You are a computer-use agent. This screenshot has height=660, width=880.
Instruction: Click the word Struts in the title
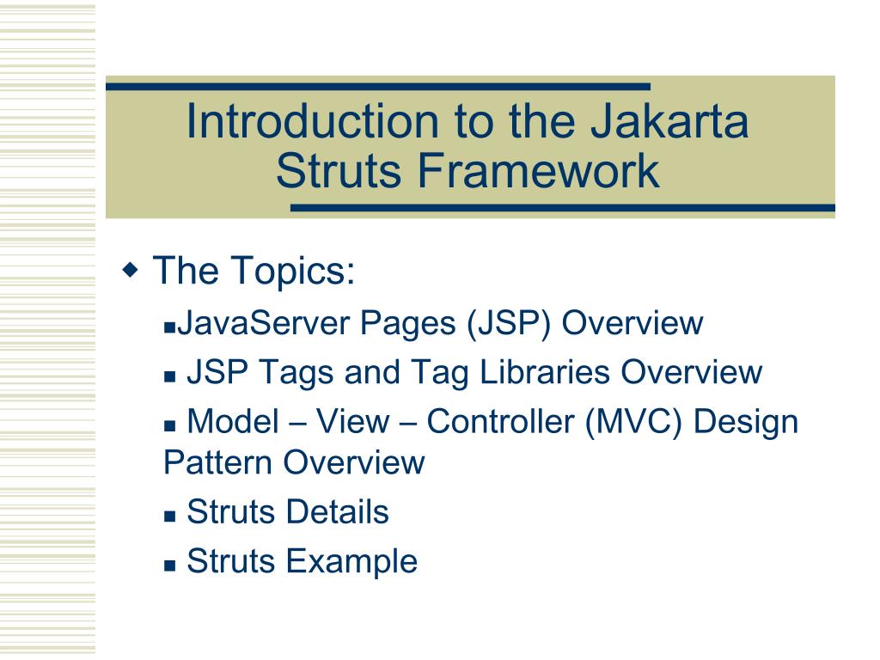pos(340,171)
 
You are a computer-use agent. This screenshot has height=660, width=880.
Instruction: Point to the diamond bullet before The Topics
pos(131,271)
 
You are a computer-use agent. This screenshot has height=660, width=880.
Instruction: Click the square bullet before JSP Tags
pos(169,376)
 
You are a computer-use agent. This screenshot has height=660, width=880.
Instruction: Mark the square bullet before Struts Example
pos(169,565)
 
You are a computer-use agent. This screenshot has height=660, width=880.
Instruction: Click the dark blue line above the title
pos(378,86)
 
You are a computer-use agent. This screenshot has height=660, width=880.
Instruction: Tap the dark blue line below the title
pos(563,208)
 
